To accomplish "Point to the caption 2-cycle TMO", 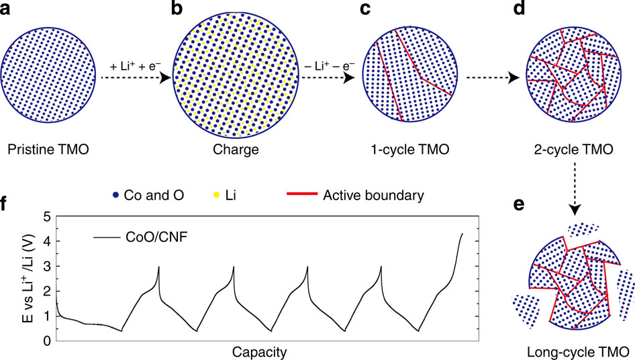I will coord(572,150).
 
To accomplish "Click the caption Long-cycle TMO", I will coord(577,351).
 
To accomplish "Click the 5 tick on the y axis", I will coord(47,216).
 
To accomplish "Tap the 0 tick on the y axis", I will coord(47,341).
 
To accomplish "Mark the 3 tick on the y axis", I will coord(47,267).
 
